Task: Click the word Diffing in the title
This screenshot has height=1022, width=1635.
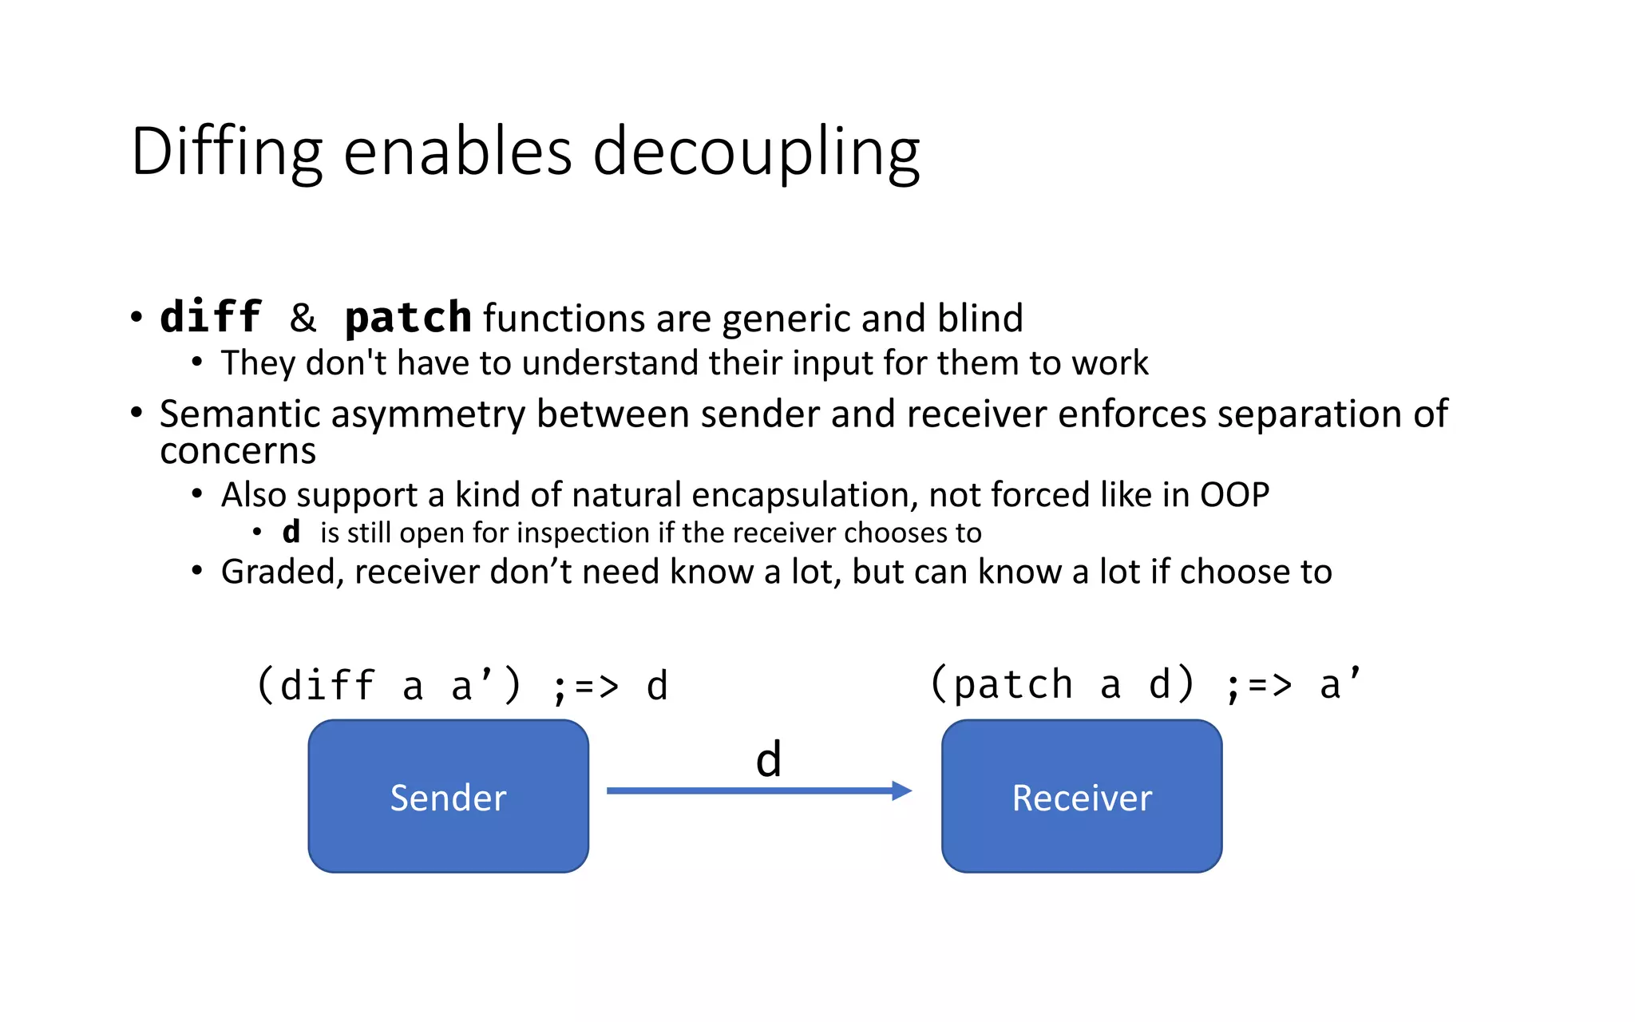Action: [226, 152]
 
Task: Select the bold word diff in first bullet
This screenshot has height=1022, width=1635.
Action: [211, 317]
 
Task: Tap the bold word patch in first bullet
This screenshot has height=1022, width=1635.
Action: [408, 317]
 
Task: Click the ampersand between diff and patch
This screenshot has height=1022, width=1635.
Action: [303, 318]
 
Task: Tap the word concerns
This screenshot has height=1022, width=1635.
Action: [238, 451]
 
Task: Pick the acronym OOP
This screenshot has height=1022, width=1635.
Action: [1234, 495]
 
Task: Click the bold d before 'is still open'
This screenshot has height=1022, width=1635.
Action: [291, 532]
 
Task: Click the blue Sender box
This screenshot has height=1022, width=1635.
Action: [448, 796]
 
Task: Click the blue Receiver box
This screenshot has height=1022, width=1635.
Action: [1081, 796]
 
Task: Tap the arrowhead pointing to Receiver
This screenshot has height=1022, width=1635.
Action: [901, 790]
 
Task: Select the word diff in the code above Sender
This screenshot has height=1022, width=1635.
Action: [327, 686]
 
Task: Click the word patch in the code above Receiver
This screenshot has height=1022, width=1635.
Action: [1012, 684]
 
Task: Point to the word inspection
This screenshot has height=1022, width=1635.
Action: [584, 533]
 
